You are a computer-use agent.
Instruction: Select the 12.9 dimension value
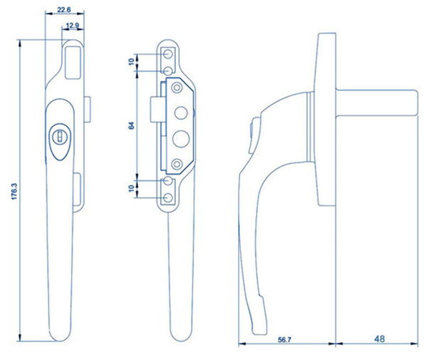(x=72, y=26)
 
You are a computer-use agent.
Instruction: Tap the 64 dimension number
(x=130, y=126)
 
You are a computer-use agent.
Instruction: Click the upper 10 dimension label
(x=131, y=62)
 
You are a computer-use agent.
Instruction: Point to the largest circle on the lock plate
(x=180, y=137)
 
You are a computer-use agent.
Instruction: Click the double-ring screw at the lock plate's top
(x=175, y=89)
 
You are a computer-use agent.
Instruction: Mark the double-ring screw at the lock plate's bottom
(x=175, y=165)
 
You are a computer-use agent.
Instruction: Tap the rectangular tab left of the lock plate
(x=156, y=113)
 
